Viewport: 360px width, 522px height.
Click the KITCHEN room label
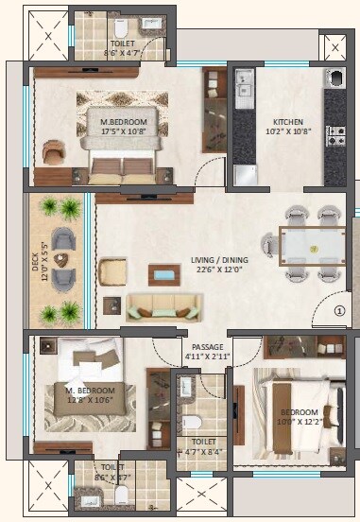pos(287,122)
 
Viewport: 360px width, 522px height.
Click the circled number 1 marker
pos(340,308)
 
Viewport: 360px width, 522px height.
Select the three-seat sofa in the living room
pos(164,306)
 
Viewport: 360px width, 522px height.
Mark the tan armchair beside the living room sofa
pos(112,271)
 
